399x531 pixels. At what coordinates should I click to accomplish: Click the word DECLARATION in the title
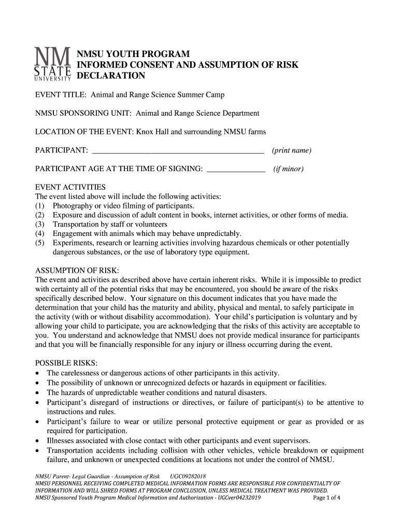(x=111, y=76)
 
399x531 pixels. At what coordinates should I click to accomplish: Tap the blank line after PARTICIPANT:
(x=178, y=152)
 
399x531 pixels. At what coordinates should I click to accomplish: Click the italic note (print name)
(x=292, y=151)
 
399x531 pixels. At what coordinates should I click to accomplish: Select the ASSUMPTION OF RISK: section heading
(x=77, y=271)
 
